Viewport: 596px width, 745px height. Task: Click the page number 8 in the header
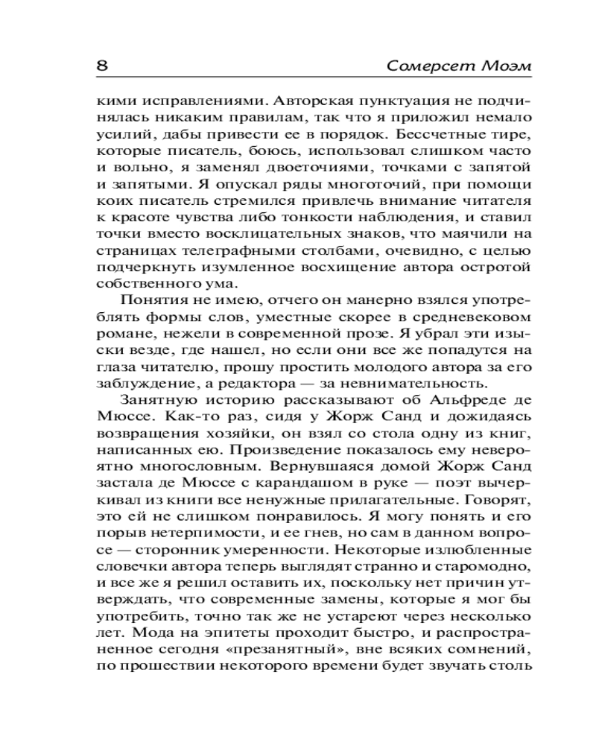click(x=103, y=66)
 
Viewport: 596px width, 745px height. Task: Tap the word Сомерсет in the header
click(x=422, y=66)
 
